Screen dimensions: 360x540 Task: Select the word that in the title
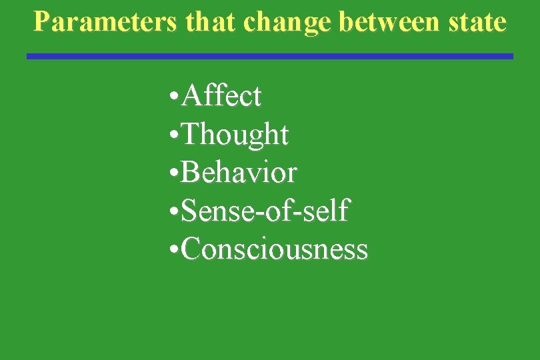click(x=212, y=22)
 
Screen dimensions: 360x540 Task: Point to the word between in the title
click(x=386, y=22)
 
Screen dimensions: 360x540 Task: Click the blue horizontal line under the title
click(x=270, y=57)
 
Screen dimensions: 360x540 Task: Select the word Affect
click(x=221, y=97)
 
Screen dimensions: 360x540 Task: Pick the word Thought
click(x=235, y=135)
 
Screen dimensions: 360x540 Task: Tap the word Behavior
click(x=239, y=173)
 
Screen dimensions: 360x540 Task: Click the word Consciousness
click(x=274, y=250)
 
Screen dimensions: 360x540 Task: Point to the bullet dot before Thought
click(x=173, y=137)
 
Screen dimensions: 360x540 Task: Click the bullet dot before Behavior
click(x=173, y=175)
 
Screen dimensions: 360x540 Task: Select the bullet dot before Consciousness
click(x=173, y=251)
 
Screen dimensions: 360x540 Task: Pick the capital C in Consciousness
click(x=190, y=250)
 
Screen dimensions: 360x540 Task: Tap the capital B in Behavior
click(x=189, y=173)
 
